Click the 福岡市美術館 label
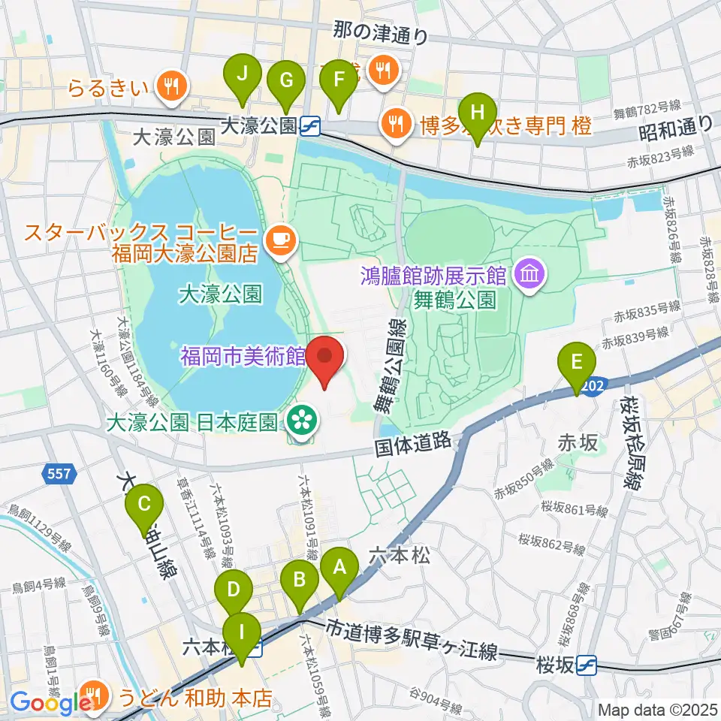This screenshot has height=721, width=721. (241, 354)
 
